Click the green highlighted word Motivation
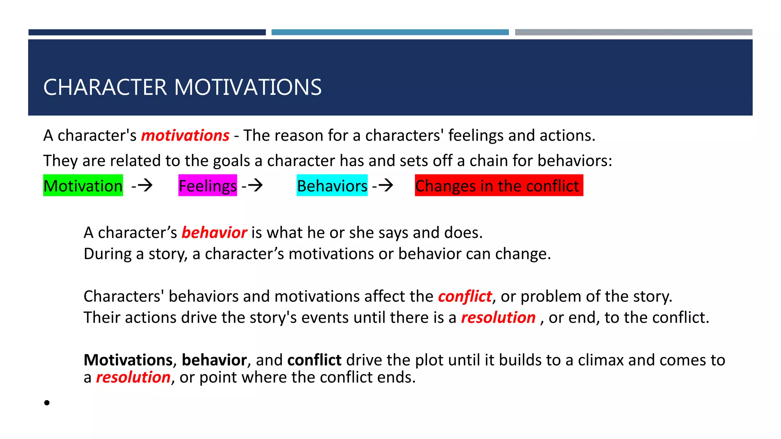(x=83, y=186)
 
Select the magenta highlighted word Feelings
(x=207, y=186)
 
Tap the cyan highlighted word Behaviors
(x=332, y=186)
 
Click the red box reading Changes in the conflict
(x=498, y=186)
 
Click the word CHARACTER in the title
(x=105, y=87)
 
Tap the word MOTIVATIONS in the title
(x=248, y=87)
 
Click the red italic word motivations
(x=185, y=136)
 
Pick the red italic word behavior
(x=214, y=233)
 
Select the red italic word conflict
(x=464, y=296)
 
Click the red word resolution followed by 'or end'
(x=498, y=318)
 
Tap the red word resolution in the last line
(x=133, y=378)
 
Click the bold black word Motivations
(x=128, y=360)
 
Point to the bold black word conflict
(x=314, y=360)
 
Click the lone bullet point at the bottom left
(x=47, y=402)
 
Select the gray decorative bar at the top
(x=633, y=32)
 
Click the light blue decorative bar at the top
(x=390, y=32)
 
